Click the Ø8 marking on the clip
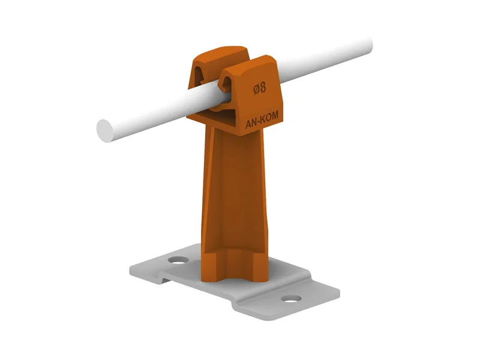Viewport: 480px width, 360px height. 260,88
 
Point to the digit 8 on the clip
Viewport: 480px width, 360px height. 263,87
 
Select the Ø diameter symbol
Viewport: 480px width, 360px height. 256,89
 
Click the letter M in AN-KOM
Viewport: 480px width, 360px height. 275,115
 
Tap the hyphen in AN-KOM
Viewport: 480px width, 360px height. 258,122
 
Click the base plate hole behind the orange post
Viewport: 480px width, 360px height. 178,260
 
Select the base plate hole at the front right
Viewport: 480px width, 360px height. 291,298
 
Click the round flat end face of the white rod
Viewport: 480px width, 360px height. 105,131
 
